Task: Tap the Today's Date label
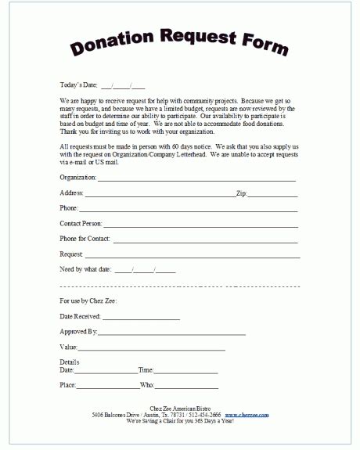tap(77, 85)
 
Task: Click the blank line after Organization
tap(196, 179)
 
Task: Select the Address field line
tap(160, 193)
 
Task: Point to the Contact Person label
tap(80, 223)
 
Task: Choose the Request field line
tap(192, 256)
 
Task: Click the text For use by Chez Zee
tap(88, 301)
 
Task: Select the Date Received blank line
tap(141, 319)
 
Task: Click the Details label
tap(70, 362)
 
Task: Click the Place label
tap(67, 386)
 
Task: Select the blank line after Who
tap(187, 388)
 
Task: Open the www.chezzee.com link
tap(247, 414)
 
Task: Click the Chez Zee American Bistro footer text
tap(179, 408)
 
